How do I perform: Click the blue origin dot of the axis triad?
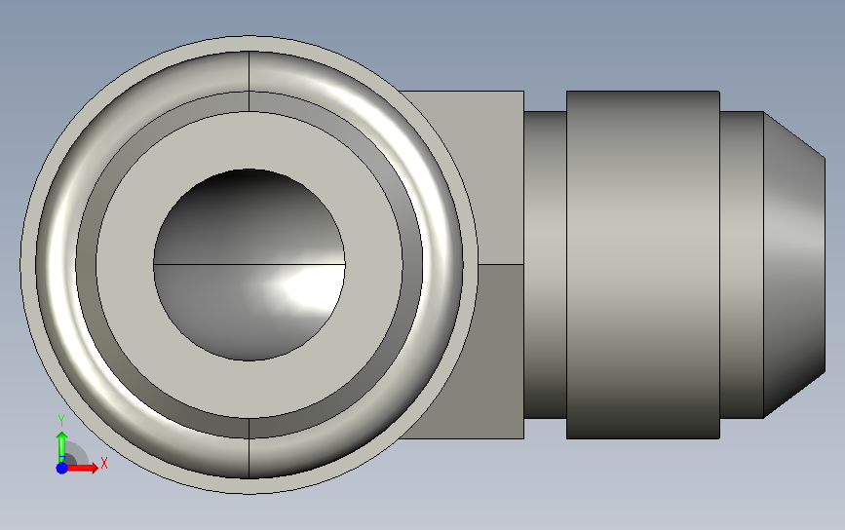point(62,468)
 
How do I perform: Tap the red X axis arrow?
point(82,468)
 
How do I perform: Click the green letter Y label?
point(60,421)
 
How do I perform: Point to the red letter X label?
point(104,463)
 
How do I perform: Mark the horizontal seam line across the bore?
point(249,264)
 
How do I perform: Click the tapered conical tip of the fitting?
point(794,264)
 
